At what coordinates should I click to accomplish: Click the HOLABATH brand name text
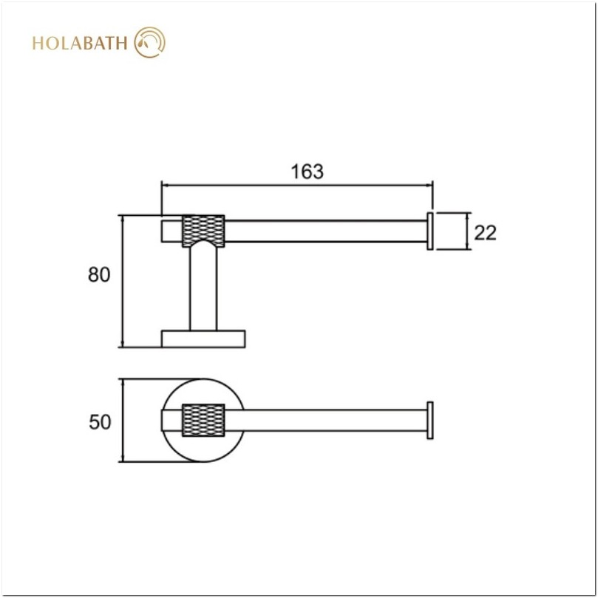(80, 43)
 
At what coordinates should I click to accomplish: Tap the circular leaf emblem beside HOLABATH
(150, 42)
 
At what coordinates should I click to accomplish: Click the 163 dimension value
(307, 171)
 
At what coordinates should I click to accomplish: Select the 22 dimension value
(485, 232)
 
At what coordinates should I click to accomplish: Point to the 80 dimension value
(99, 274)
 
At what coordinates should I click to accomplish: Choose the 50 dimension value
(100, 422)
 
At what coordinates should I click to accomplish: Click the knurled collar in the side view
(203, 231)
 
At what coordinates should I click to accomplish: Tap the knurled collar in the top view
(203, 421)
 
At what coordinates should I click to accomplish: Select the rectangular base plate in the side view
(203, 339)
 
